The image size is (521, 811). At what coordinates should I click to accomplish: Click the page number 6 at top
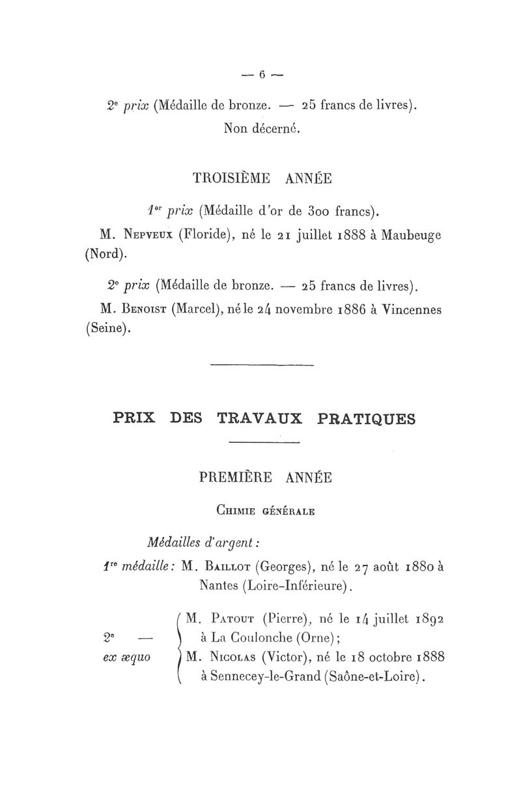point(262,74)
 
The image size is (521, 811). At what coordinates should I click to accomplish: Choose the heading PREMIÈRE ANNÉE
point(265,478)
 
